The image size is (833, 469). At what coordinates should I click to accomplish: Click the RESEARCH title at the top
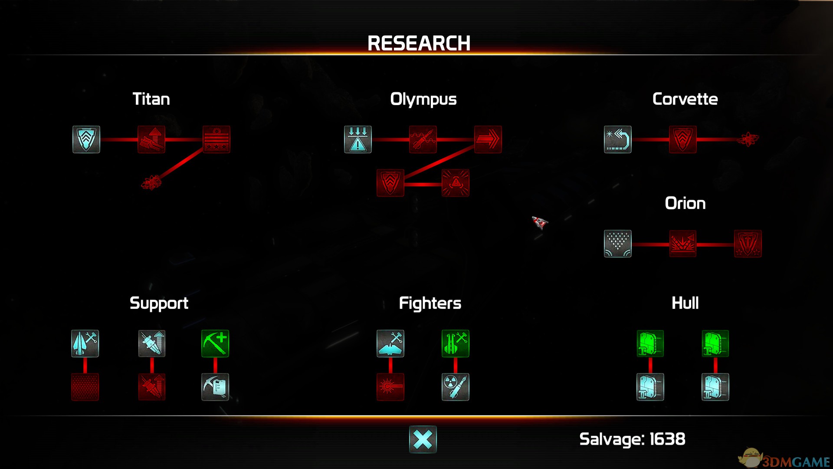click(x=419, y=43)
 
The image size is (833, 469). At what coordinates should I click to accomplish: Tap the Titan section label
click(x=151, y=99)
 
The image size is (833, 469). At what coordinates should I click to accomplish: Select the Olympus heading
click(x=423, y=99)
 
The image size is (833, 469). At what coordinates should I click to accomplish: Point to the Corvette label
click(x=685, y=99)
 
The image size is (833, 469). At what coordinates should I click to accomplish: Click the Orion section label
click(x=685, y=203)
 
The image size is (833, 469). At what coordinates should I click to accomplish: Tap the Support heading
click(x=159, y=303)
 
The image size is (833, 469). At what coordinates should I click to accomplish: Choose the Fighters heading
click(x=430, y=303)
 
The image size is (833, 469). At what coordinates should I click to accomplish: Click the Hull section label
click(x=685, y=303)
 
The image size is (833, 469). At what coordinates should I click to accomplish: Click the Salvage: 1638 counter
click(x=632, y=439)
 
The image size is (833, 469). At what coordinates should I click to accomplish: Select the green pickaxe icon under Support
click(x=215, y=343)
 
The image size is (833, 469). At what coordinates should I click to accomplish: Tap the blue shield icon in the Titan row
click(x=86, y=139)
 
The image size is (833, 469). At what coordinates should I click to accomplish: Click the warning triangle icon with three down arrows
click(x=358, y=139)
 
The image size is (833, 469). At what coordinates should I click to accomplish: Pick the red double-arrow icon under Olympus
click(x=488, y=139)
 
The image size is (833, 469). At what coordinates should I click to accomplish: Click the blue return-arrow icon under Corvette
click(x=618, y=139)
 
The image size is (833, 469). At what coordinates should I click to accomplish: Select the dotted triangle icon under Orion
click(x=618, y=244)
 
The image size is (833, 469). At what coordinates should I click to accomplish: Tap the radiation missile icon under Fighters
click(x=456, y=387)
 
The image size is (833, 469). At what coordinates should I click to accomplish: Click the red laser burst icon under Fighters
click(x=390, y=387)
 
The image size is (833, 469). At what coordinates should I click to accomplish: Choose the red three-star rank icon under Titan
click(x=216, y=139)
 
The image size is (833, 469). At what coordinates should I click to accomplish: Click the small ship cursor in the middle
click(x=540, y=223)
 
